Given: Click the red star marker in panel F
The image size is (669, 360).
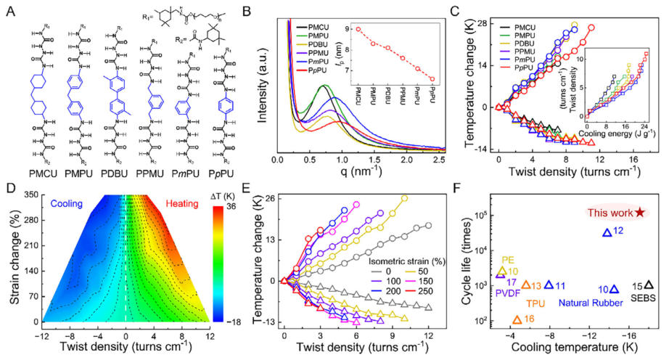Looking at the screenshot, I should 640,212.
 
